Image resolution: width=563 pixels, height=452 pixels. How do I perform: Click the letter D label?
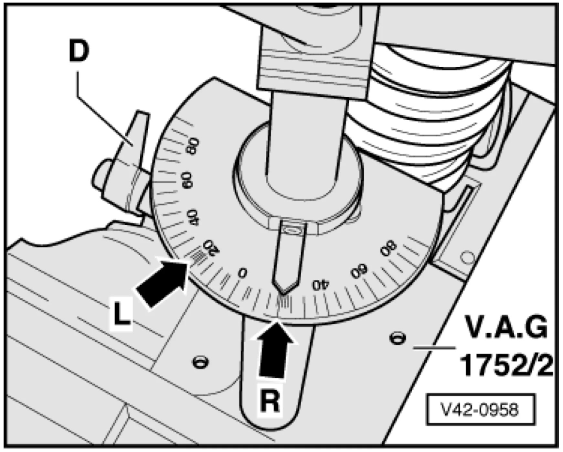(79, 51)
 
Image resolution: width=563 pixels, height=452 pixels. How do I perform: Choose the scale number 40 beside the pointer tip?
(320, 285)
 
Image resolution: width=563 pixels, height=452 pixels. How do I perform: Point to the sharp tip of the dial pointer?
(282, 293)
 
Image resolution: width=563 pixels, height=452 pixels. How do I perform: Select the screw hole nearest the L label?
(200, 361)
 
